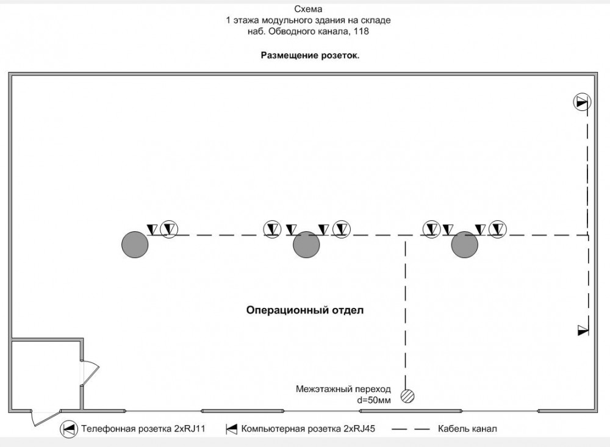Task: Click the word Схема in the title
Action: [308, 9]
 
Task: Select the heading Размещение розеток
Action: [310, 55]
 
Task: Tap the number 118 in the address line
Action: [361, 31]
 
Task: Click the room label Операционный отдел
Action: [305, 310]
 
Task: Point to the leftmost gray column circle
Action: [135, 245]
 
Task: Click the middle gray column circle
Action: [306, 245]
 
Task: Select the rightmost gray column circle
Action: [464, 245]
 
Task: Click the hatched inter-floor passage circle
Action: [407, 396]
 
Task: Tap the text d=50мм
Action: [374, 400]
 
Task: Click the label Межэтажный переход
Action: [343, 389]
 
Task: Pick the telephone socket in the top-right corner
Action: [582, 102]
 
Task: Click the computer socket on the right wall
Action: [583, 331]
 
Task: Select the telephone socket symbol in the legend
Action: [68, 429]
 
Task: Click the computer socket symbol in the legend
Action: [231, 429]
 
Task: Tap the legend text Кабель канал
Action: [467, 429]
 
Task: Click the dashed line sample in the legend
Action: [411, 429]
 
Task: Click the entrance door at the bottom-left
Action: [46, 418]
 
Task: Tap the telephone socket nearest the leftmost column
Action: [169, 229]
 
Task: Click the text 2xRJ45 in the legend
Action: [359, 429]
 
